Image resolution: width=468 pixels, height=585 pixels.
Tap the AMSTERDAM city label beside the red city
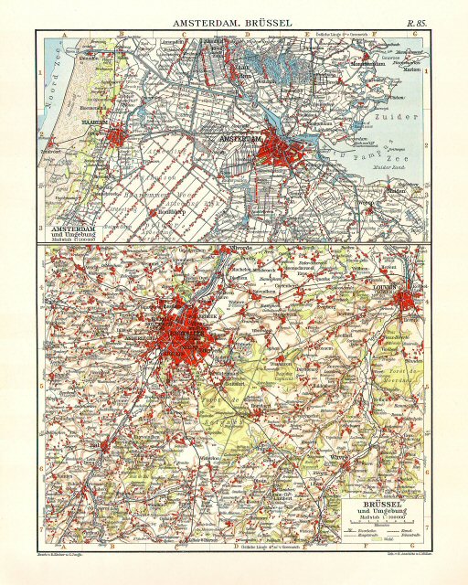tap(236, 138)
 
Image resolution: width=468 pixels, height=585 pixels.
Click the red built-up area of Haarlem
tap(116, 137)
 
